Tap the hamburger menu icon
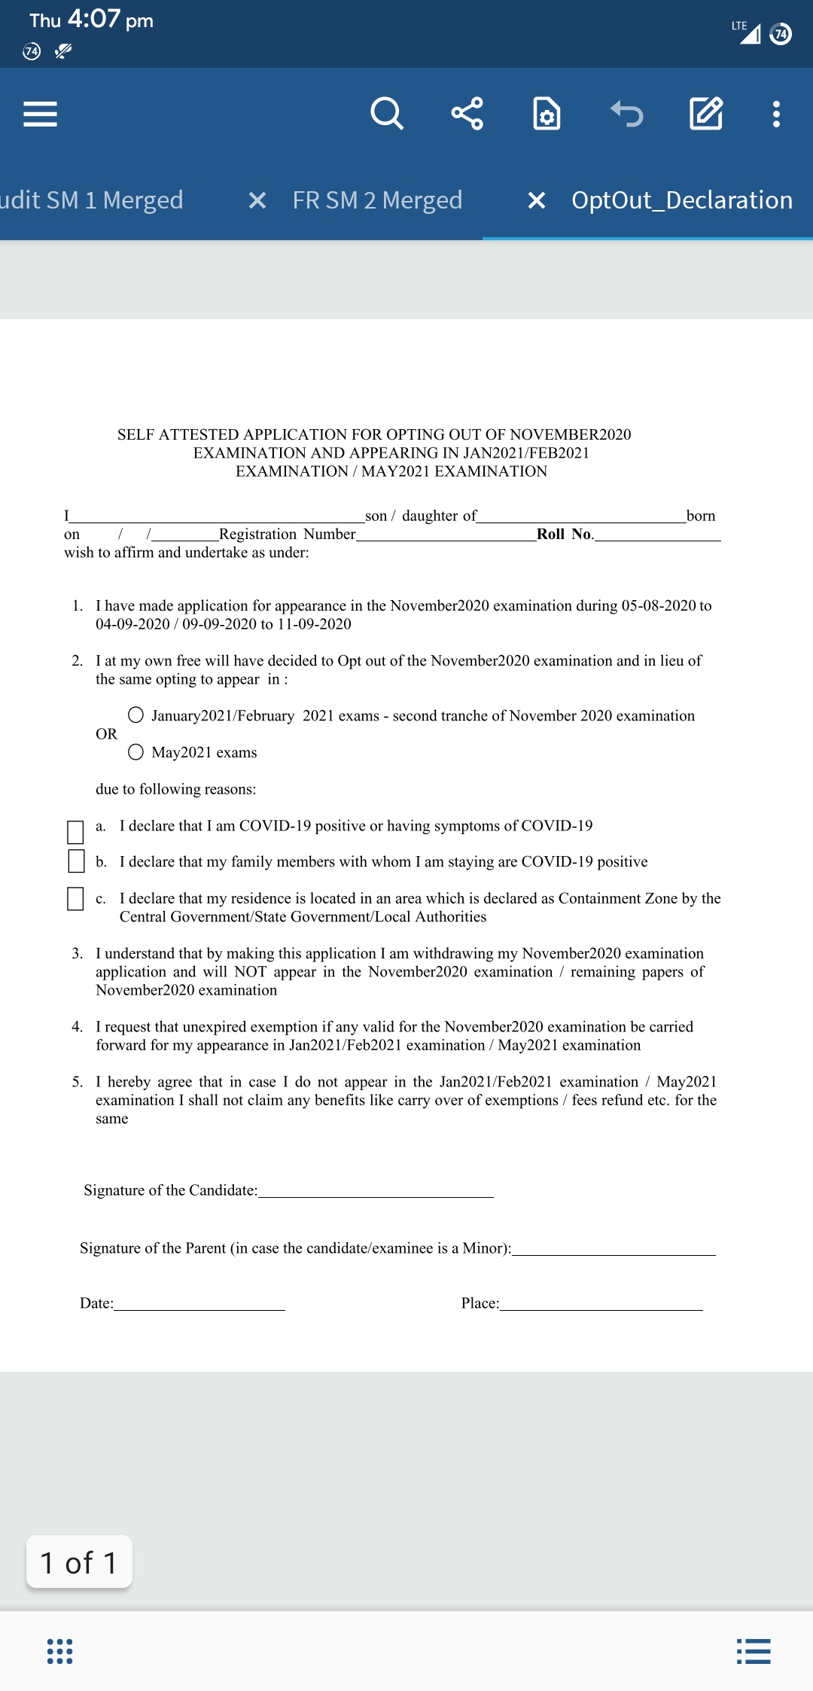pos(41,114)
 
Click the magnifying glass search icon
pos(387,114)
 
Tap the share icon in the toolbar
pos(467,114)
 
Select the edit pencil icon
pos(706,114)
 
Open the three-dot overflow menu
pos(776,114)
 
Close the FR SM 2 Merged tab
pos(257,200)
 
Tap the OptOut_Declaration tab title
pos(681,200)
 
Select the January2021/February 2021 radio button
pos(135,714)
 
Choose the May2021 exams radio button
pos(135,751)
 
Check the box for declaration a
pos(75,832)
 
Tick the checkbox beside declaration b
pos(76,861)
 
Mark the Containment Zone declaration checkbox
pos(75,898)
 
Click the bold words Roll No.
pos(565,534)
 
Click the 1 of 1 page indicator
pos(79,1562)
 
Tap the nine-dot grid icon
pos(60,1651)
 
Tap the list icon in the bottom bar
pos(754,1651)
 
